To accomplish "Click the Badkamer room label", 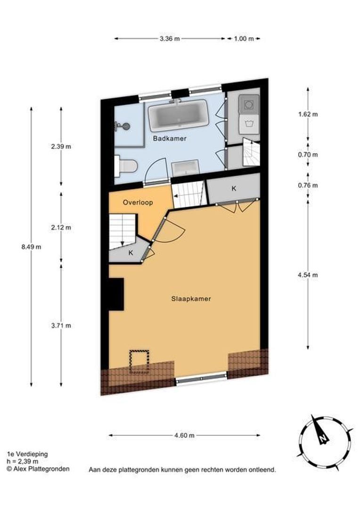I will pyautogui.click(x=170, y=139).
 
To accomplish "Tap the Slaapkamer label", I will pyautogui.click(x=190, y=299).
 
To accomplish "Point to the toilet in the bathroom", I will pyautogui.click(x=127, y=165).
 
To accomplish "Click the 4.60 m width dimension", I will pyautogui.click(x=184, y=435).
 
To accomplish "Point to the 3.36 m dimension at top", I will pyautogui.click(x=170, y=39).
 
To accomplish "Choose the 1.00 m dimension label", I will pyautogui.click(x=244, y=39).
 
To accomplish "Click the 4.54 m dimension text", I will pyautogui.click(x=308, y=275).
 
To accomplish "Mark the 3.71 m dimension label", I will pyautogui.click(x=61, y=325).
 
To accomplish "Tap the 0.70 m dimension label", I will pyautogui.click(x=308, y=155).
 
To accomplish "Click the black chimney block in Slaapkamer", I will pyautogui.click(x=116, y=294).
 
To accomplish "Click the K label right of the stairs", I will pyautogui.click(x=233, y=189).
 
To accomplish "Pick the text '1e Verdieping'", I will pyautogui.click(x=27, y=454).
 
